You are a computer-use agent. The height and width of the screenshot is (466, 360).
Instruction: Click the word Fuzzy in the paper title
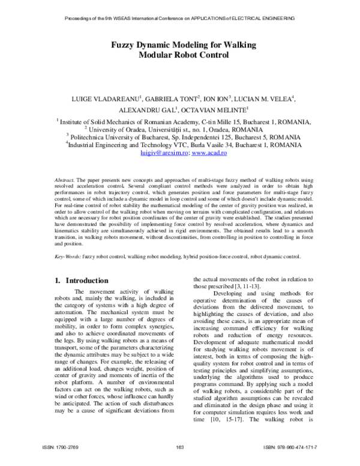pyautogui.click(x=122, y=45)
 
